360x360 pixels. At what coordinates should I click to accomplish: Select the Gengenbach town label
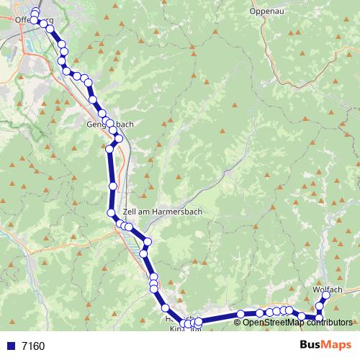(109, 124)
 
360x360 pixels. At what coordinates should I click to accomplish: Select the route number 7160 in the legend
(32, 346)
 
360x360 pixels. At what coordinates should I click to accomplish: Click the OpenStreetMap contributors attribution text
(298, 323)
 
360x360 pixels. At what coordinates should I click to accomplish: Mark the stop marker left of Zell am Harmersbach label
(112, 213)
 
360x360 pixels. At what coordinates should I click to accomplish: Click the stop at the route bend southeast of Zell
(148, 242)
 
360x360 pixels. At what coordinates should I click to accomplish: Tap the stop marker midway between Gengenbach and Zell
(112, 186)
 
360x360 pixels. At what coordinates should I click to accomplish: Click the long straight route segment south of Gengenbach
(112, 173)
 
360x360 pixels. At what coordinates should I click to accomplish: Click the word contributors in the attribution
(331, 323)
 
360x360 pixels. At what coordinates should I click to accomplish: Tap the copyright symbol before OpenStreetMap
(238, 323)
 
